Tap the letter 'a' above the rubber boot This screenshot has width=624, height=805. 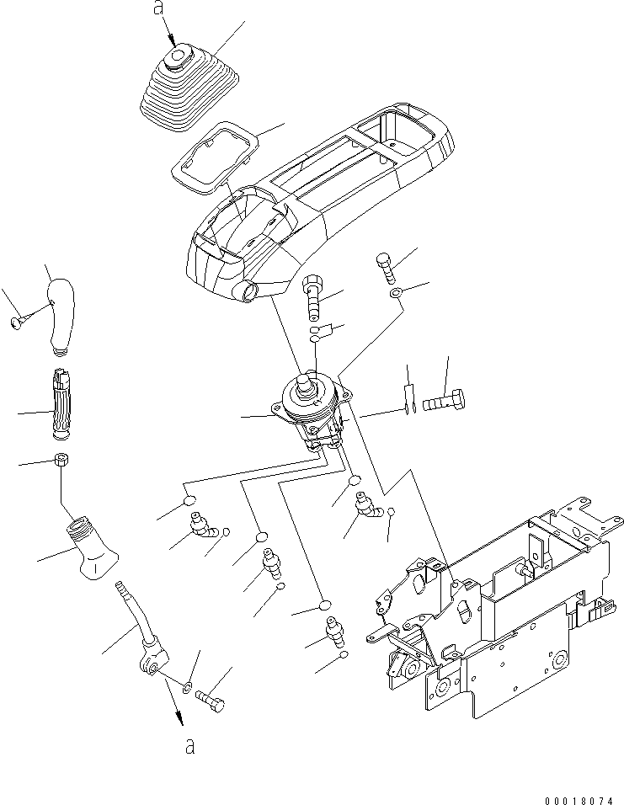pyautogui.click(x=157, y=9)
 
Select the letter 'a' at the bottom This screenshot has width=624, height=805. pyautogui.click(x=189, y=746)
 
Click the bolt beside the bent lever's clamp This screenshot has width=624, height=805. pyautogui.click(x=213, y=699)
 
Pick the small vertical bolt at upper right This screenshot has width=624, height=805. pyautogui.click(x=385, y=268)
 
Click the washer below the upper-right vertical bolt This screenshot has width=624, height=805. pyautogui.click(x=396, y=295)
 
